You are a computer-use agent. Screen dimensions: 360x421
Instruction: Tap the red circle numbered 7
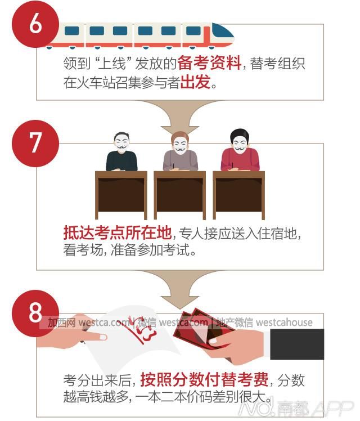[35, 144]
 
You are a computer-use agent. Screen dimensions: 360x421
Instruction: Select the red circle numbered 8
[35, 313]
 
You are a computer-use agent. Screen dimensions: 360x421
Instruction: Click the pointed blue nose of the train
[223, 32]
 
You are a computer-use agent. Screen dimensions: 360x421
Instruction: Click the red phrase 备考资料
[209, 64]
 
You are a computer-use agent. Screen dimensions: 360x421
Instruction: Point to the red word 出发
[195, 82]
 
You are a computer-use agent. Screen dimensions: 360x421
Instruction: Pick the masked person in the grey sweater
[180, 151]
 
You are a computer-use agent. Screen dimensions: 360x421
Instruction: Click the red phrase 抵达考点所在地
[118, 232]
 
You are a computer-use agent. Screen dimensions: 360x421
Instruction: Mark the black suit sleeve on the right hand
[297, 344]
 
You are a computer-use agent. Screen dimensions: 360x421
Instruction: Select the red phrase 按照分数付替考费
[204, 379]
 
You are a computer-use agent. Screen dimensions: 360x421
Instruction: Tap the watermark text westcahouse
[285, 322]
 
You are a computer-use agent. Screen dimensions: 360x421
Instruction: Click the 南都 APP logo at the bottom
[295, 408]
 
